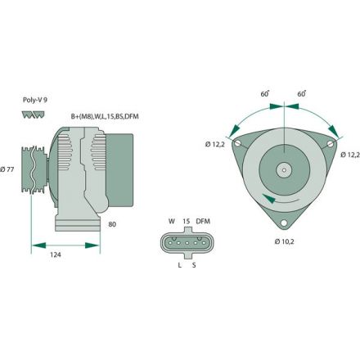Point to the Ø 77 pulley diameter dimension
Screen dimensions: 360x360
pos(9,169)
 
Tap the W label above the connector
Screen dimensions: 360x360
pos(172,221)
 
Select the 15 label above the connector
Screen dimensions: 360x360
pos(187,221)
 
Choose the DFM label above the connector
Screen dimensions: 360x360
pos(205,221)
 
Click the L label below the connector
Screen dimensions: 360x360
pos(179,265)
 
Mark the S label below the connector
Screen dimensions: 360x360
pos(193,265)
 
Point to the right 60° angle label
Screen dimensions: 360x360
pos(302,94)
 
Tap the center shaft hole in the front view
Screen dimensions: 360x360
pos(283,169)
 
